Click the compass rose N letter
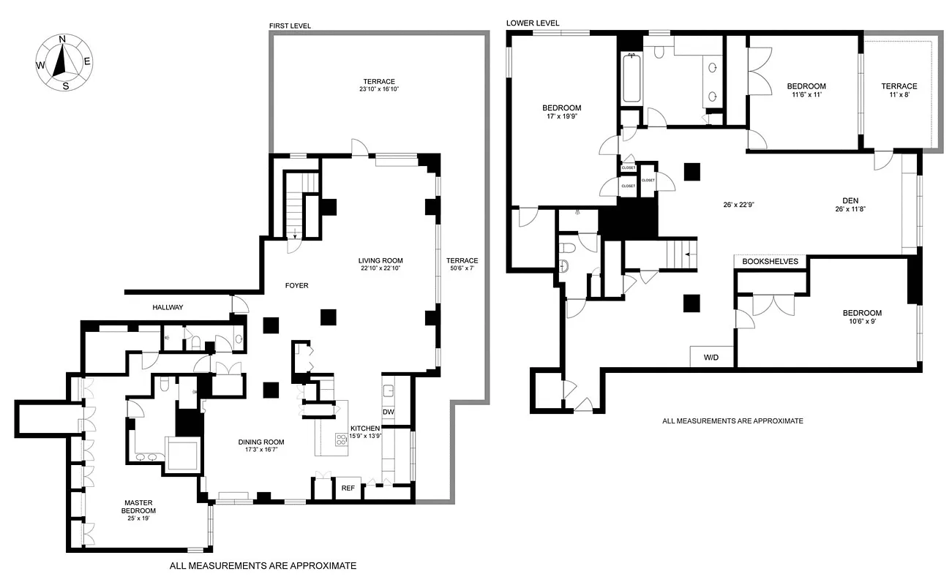click(x=62, y=39)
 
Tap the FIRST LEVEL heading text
click(x=290, y=26)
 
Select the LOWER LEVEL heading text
click(x=533, y=23)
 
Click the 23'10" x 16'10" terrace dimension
click(x=378, y=89)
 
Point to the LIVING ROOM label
click(x=380, y=261)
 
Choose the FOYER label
click(x=296, y=285)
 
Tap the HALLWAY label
click(x=167, y=308)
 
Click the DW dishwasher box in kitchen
click(x=388, y=412)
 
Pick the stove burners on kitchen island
click(x=342, y=439)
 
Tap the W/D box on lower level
click(x=711, y=358)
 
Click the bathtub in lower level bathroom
click(x=630, y=78)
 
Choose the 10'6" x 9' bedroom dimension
click(x=861, y=321)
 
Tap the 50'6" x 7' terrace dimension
click(x=462, y=269)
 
